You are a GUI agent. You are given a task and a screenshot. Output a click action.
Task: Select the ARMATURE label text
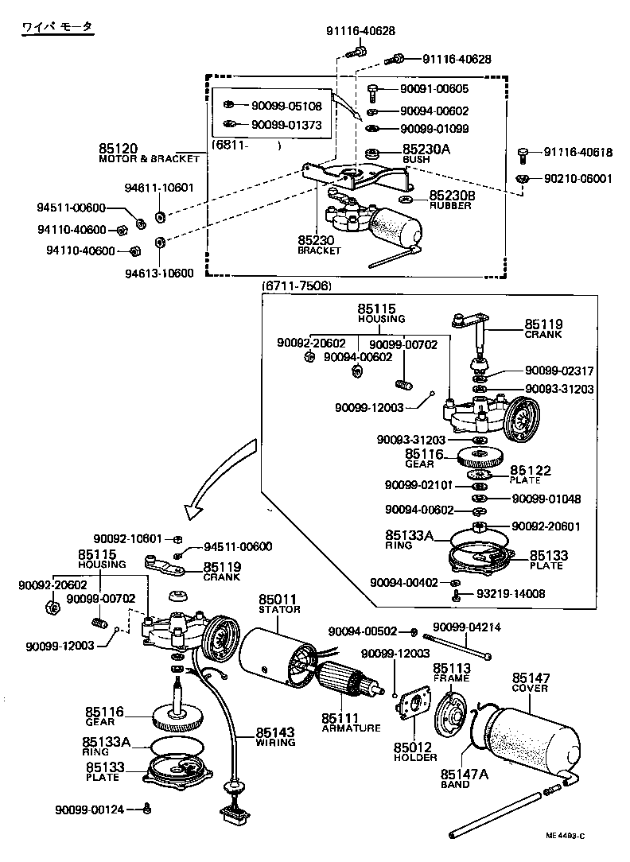click(351, 728)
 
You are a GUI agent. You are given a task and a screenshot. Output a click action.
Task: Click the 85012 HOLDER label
click(414, 751)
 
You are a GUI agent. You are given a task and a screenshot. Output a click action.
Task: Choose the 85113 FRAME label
click(451, 672)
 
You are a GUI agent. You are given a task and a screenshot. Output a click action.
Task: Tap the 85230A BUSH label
click(426, 153)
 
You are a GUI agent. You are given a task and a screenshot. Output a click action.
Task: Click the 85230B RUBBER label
click(451, 200)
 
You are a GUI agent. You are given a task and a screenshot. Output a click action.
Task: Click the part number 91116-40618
click(578, 153)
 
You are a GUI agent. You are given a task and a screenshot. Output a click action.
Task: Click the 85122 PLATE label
click(531, 475)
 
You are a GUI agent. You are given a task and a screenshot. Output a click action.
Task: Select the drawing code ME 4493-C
click(565, 836)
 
